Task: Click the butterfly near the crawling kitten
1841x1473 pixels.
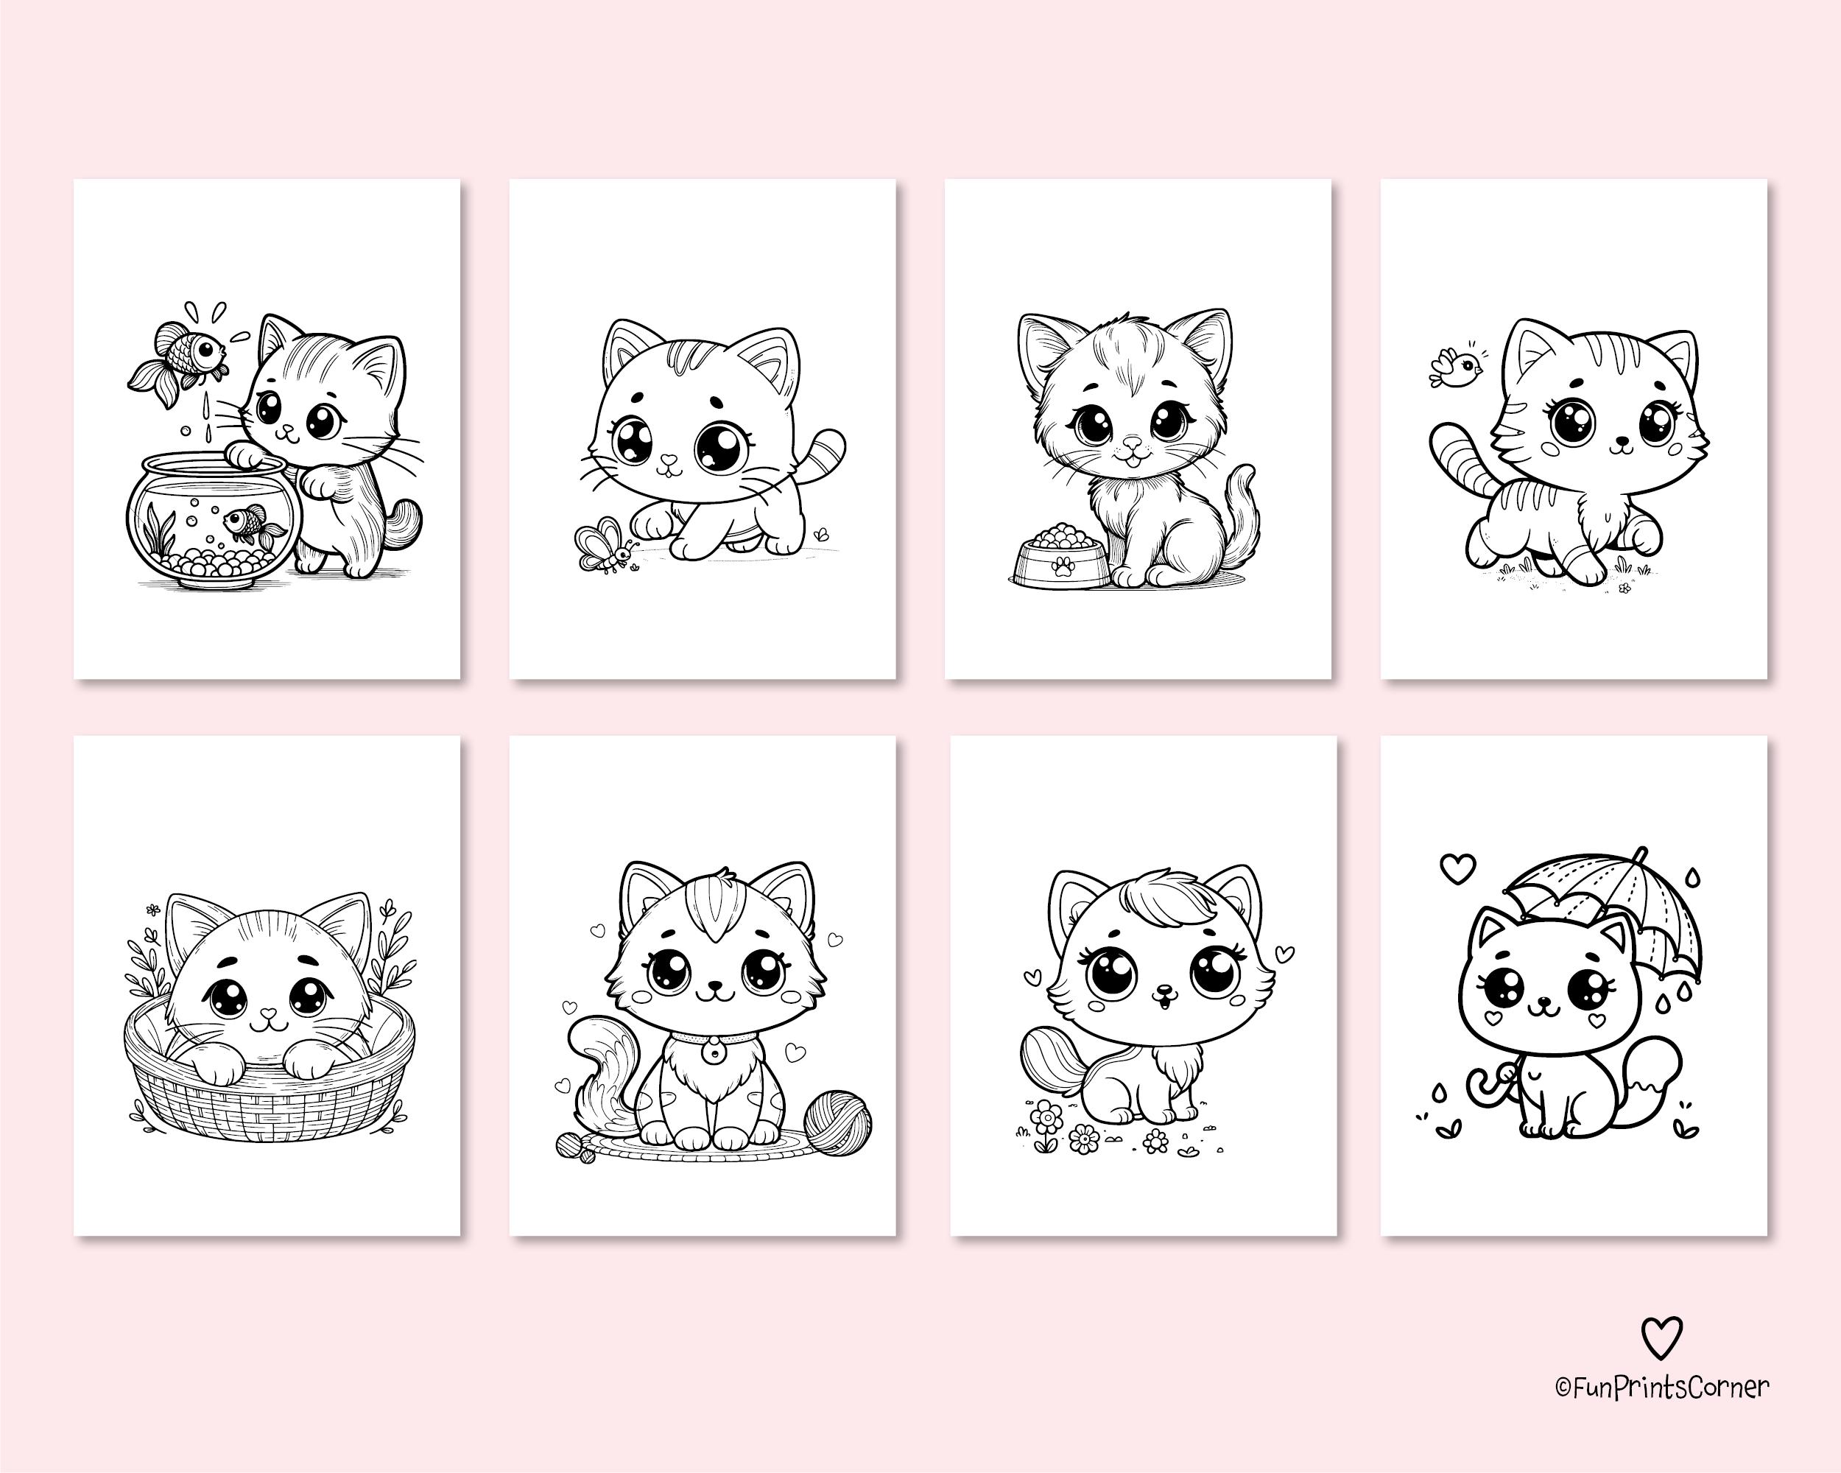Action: click(605, 545)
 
